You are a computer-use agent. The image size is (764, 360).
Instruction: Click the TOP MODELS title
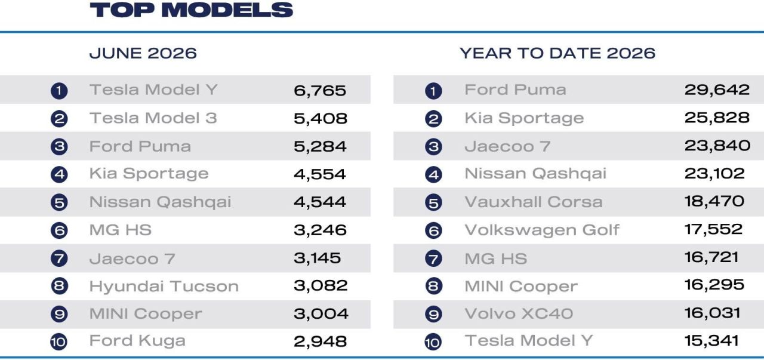(x=192, y=10)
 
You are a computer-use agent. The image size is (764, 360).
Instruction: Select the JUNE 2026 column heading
(x=143, y=53)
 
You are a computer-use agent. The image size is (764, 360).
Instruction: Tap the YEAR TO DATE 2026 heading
(x=557, y=53)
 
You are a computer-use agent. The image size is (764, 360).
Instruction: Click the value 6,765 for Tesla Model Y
(x=320, y=91)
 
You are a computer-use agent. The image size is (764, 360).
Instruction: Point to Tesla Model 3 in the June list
(x=153, y=118)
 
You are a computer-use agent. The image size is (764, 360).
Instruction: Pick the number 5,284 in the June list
(x=320, y=146)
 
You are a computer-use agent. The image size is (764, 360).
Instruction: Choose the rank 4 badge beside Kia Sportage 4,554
(x=59, y=174)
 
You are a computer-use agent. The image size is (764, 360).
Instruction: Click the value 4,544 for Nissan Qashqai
(x=320, y=202)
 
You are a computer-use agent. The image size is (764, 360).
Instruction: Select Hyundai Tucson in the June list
(x=164, y=286)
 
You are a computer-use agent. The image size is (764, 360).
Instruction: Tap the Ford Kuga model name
(x=137, y=341)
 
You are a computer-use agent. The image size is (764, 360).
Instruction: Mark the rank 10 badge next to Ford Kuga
(x=58, y=342)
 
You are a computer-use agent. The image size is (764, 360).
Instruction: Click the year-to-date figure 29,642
(x=717, y=90)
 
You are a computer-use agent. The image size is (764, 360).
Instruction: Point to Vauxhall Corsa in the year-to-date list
(x=534, y=202)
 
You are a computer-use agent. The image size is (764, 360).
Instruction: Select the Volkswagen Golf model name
(x=542, y=230)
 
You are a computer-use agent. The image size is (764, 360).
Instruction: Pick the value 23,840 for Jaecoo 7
(x=717, y=146)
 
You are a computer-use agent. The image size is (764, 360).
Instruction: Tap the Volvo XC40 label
(x=519, y=313)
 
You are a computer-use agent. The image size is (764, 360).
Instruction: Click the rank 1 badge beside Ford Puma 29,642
(x=433, y=91)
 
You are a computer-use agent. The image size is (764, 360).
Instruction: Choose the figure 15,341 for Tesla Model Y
(x=711, y=340)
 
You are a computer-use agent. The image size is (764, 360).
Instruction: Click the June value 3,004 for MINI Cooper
(x=321, y=313)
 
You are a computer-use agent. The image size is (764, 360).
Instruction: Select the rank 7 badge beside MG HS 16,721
(x=433, y=259)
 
